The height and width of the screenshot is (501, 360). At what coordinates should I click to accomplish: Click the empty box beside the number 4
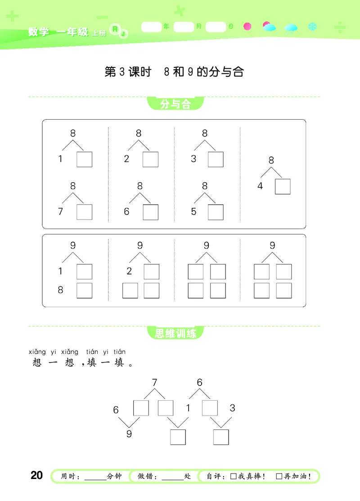pos(283,186)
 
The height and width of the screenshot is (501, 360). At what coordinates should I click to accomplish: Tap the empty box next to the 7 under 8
pos(84,212)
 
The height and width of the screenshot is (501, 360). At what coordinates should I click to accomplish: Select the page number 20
pos(36,475)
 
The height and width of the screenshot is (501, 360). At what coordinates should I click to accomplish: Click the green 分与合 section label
pos(175,105)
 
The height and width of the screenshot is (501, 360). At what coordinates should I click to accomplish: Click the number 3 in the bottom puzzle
pos(232,408)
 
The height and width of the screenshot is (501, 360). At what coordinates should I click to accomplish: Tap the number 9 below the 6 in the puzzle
pos(129,434)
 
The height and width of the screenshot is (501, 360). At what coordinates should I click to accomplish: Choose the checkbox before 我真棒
pos(233,476)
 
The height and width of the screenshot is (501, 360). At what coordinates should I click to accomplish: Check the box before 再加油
pos(279,476)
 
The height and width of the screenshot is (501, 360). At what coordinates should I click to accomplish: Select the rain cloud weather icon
pos(290,28)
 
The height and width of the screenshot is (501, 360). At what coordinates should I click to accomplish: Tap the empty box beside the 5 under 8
pos(216,212)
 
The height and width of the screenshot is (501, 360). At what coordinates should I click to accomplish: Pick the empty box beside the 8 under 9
pos(84,291)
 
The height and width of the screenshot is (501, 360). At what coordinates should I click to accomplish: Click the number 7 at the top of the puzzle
pos(154,383)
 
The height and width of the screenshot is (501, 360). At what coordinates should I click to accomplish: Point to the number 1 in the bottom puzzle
pos(189,408)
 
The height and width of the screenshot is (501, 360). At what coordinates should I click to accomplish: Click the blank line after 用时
pos(95,477)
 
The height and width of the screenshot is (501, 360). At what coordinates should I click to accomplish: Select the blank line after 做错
pos(173,477)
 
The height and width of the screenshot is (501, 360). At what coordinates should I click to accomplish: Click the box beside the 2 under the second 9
pos(151,272)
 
